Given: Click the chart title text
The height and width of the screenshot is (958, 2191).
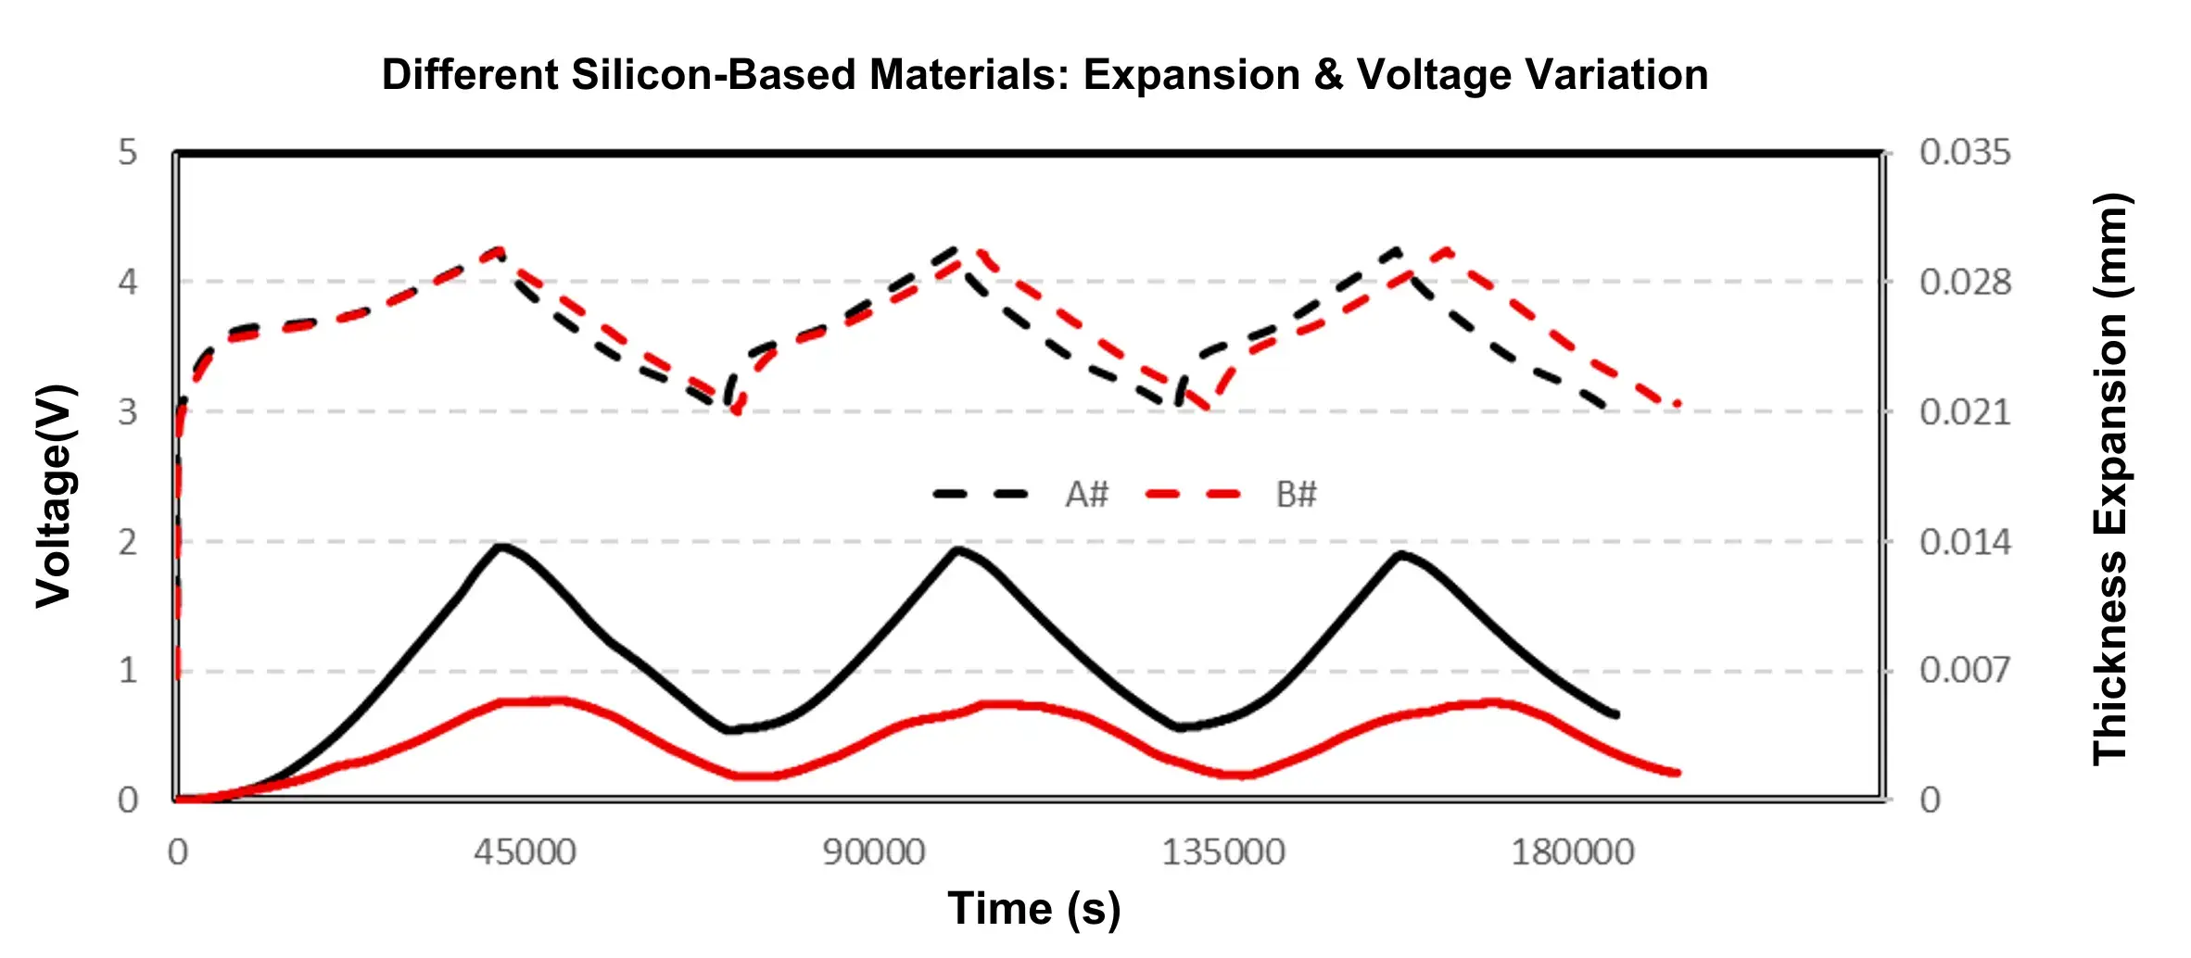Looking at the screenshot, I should click(x=1045, y=75).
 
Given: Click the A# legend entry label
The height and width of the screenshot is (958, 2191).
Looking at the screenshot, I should click(x=1086, y=495).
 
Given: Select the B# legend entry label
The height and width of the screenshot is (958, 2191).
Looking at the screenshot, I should click(x=1296, y=495).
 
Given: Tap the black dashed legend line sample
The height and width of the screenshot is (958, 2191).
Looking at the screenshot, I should click(x=981, y=495).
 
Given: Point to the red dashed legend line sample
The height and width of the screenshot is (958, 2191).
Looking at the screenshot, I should click(x=1193, y=495).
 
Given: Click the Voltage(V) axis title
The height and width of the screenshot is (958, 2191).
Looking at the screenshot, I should click(x=54, y=496).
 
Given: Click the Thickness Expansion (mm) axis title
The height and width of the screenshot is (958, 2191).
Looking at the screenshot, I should click(x=2110, y=479).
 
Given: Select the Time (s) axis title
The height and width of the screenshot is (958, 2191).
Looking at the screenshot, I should click(x=1033, y=908).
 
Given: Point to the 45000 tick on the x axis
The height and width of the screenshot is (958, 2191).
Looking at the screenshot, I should click(x=525, y=852).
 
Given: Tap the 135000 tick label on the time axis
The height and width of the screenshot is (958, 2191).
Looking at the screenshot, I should click(x=1223, y=852).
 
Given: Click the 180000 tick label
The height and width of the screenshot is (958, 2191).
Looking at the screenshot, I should click(x=1572, y=852).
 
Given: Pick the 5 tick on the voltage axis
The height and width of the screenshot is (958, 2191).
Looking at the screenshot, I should click(x=128, y=153).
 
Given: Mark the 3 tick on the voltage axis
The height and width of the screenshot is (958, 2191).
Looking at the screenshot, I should click(x=128, y=412).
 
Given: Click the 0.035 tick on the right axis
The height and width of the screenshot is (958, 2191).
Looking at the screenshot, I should click(x=1965, y=153).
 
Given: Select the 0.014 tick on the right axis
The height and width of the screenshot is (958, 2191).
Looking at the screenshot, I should click(x=1965, y=542).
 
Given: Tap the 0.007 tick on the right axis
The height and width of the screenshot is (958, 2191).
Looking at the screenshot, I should click(x=1965, y=670).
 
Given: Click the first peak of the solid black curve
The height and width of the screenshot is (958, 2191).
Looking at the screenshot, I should click(x=501, y=547).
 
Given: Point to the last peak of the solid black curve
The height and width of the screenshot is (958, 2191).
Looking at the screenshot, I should click(x=1400, y=554).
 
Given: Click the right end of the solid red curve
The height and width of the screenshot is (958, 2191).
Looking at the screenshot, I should click(x=1678, y=773).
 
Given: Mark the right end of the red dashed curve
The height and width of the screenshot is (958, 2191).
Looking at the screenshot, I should click(x=1678, y=405).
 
